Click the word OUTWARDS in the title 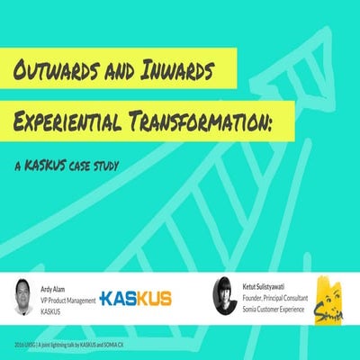[x=58, y=71]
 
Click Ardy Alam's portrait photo [x=27, y=294]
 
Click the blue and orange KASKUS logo [x=135, y=298]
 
